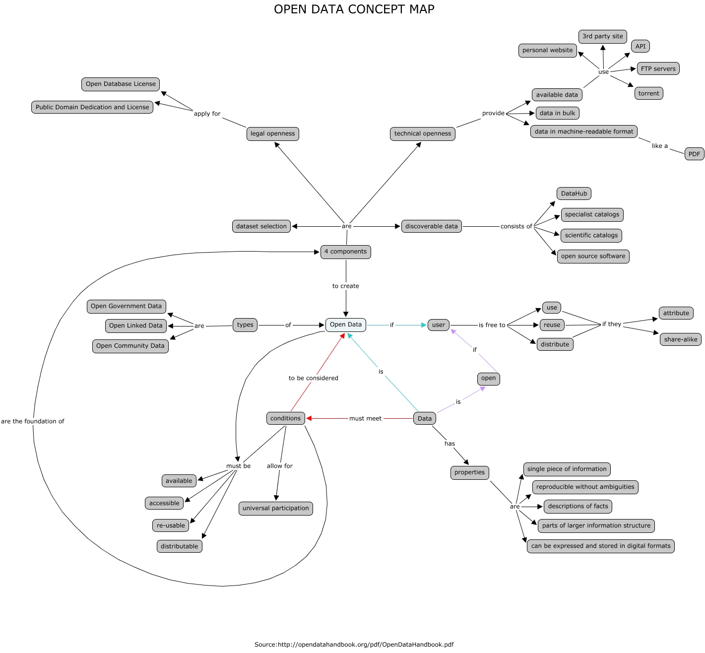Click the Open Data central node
[x=346, y=325]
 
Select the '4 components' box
[x=345, y=252]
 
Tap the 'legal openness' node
[x=272, y=133]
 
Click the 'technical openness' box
[x=422, y=133]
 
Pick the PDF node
[x=694, y=154]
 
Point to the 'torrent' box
[x=648, y=93]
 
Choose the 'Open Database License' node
[x=121, y=84]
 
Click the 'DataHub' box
[x=574, y=194]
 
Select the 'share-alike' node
[x=680, y=339]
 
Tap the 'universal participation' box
[x=275, y=508]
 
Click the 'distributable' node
[x=179, y=546]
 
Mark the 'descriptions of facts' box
[x=577, y=506]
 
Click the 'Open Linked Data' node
[x=135, y=326]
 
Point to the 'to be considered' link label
[x=313, y=378]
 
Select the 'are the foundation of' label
[x=33, y=421]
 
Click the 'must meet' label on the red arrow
[x=365, y=418]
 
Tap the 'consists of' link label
[x=516, y=226]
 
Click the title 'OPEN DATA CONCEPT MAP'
[x=354, y=9]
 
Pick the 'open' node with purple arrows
[x=488, y=378]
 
